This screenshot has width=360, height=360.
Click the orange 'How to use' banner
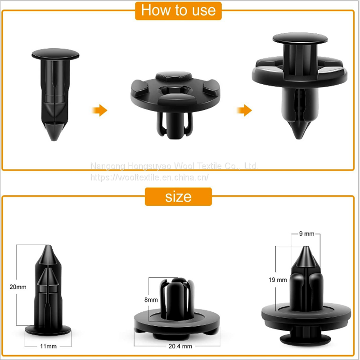[x=178, y=11]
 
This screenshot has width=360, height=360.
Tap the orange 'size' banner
[x=178, y=197]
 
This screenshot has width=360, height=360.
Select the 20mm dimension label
[x=18, y=287]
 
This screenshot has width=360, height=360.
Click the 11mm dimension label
[x=48, y=346]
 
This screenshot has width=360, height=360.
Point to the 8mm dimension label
[x=151, y=300]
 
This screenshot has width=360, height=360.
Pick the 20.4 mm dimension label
[x=180, y=346]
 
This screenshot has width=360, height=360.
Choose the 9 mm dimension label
[x=306, y=234]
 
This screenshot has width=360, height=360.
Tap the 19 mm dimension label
[x=278, y=280]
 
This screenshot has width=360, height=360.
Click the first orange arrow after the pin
[x=99, y=110]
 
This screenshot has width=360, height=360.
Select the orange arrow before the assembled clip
[x=244, y=110]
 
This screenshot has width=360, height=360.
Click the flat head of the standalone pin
[x=55, y=54]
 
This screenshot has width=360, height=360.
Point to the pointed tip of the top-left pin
[x=54, y=139]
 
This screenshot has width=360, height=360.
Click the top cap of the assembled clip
[x=300, y=38]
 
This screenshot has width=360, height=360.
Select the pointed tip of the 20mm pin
[x=48, y=246]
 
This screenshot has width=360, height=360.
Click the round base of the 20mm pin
[x=48, y=330]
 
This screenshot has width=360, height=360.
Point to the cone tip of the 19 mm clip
[x=306, y=247]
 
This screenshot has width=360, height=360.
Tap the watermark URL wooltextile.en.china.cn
[x=149, y=177]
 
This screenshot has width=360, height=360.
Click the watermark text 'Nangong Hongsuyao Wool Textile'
[x=156, y=166]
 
